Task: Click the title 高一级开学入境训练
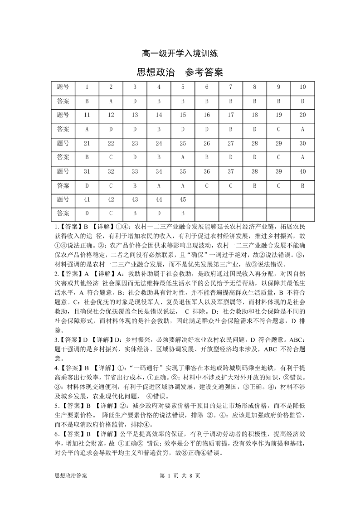[180, 53]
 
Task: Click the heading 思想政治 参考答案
[180, 73]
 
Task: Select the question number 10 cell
[303, 87]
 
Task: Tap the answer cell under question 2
[111, 101]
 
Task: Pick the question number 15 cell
[183, 115]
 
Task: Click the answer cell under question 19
[279, 129]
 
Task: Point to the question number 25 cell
[183, 143]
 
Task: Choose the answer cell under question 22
[111, 157]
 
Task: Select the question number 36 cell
[207, 171]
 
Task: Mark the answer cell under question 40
[303, 185]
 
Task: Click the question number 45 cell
[183, 199]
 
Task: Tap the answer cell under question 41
[87, 213]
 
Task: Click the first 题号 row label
[63, 87]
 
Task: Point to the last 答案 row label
[63, 213]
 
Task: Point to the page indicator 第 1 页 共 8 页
[180, 475]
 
